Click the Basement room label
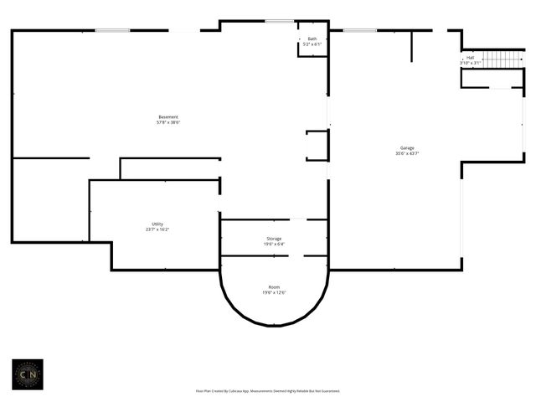[167, 116]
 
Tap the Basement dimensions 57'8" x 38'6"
[167, 122]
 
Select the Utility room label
[157, 224]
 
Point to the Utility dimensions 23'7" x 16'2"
[157, 229]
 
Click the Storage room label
[274, 238]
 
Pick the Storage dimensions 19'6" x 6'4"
[274, 244]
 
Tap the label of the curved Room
[274, 286]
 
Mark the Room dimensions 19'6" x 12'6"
[274, 292]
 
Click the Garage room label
[407, 147]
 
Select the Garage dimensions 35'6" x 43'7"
[407, 153]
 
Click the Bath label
[312, 39]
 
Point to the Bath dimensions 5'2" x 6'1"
[312, 44]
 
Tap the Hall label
[470, 58]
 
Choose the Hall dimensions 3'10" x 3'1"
[470, 63]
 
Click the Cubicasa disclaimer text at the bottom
[267, 390]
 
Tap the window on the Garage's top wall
[360, 31]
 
